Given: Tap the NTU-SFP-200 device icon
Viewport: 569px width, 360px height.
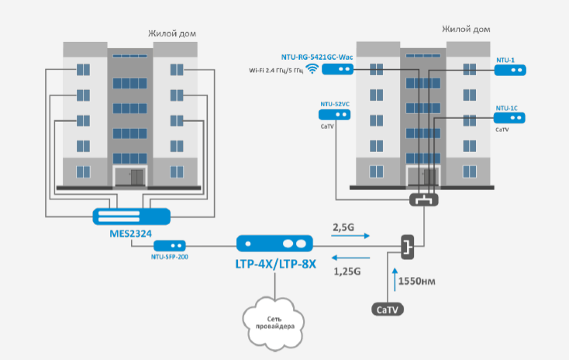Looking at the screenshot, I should (171, 245).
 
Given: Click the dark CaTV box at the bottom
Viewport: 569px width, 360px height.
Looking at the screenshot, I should (387, 310).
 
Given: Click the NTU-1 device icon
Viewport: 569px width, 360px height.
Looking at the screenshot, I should (509, 70).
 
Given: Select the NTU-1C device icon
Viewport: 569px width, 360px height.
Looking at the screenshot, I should (509, 119).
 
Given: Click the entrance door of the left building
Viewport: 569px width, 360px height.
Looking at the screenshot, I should (129, 176).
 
